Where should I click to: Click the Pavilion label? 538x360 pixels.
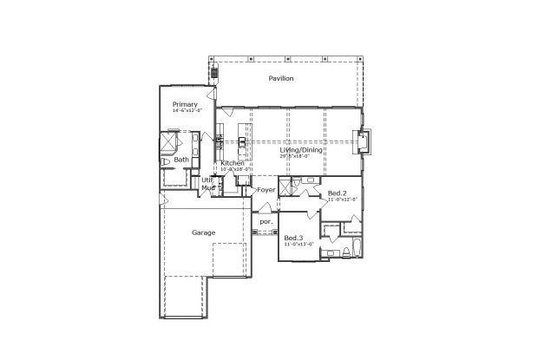(x=280, y=79)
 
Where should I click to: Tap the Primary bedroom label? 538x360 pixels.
(x=184, y=104)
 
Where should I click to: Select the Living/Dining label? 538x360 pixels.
(x=301, y=150)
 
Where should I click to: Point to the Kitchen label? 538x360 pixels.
(x=232, y=163)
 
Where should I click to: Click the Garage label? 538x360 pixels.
(x=203, y=232)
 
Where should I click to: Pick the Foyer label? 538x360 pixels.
(x=266, y=189)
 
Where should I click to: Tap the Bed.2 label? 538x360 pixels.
(x=337, y=193)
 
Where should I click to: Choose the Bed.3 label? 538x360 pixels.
(x=293, y=238)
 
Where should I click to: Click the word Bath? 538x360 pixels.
(x=181, y=160)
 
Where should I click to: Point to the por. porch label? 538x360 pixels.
(x=266, y=221)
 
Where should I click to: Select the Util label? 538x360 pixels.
(x=207, y=180)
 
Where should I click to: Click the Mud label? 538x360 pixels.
(x=207, y=187)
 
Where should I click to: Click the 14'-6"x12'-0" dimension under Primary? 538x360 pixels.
(x=187, y=111)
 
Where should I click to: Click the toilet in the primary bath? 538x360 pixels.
(x=165, y=162)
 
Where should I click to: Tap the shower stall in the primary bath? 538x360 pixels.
(x=168, y=141)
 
